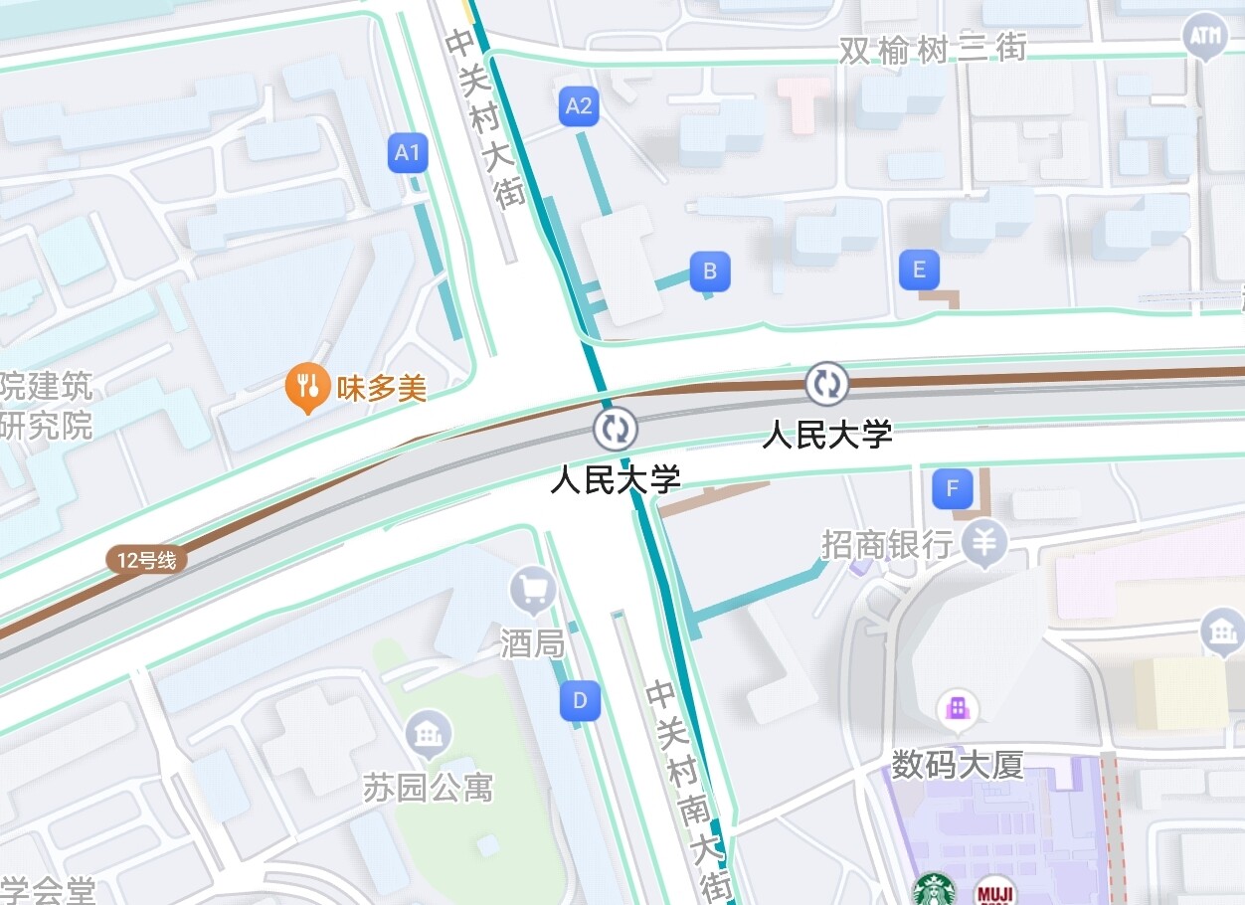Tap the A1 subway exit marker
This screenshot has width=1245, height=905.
[x=408, y=153]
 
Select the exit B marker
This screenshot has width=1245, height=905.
[x=710, y=271]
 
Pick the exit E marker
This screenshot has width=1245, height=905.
[x=919, y=270]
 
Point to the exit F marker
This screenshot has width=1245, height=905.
[x=953, y=488]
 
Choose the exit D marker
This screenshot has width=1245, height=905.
[x=580, y=701]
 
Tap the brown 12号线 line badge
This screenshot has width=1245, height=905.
[x=146, y=561]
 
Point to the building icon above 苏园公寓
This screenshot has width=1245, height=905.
[x=430, y=736]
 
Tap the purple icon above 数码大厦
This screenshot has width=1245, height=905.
[x=958, y=708]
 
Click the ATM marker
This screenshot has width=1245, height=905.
[x=1204, y=37]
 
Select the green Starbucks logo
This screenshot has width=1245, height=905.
[x=934, y=890]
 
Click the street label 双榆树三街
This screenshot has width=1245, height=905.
[x=932, y=49]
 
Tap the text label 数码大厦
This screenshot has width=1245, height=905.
[x=957, y=765]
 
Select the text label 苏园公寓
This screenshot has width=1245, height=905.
[x=428, y=789]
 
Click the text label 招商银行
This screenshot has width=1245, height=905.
[x=886, y=544]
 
